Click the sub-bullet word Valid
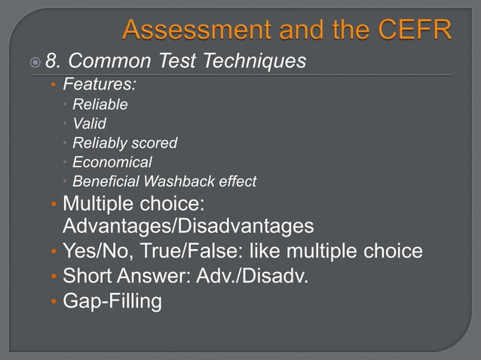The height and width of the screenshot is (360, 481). [89, 124]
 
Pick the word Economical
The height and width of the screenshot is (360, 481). [112, 162]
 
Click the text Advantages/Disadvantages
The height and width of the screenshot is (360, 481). [188, 227]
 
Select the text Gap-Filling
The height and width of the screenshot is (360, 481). [112, 301]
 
